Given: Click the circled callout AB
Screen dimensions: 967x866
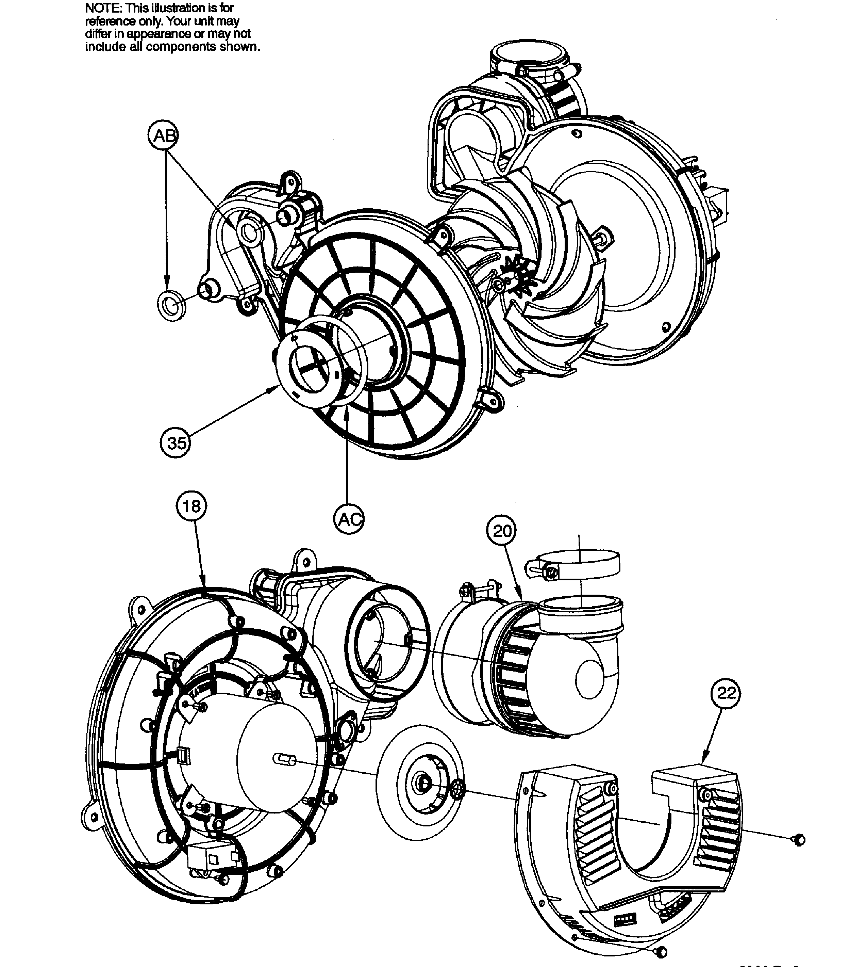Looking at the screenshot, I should tap(163, 136).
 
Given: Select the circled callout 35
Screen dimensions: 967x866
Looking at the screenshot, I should tap(176, 443).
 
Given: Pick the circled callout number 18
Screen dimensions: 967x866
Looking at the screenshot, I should tap(192, 506).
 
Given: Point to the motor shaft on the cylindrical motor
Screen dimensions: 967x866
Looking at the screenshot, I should tap(285, 760).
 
